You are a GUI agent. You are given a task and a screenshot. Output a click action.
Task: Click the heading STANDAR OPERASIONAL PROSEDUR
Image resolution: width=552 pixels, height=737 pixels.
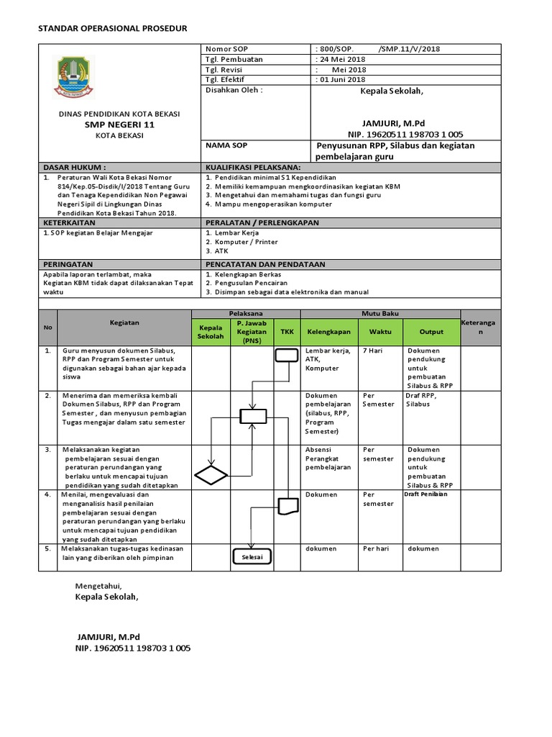click(x=112, y=28)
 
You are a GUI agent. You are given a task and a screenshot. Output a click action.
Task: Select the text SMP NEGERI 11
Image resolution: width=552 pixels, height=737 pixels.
click(x=119, y=125)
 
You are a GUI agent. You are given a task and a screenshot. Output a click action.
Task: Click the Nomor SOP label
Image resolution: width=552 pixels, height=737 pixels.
click(x=226, y=49)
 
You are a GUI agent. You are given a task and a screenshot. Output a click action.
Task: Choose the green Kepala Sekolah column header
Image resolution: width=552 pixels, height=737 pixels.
click(x=211, y=333)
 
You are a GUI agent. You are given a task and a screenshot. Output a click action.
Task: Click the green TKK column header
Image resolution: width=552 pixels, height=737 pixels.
click(x=287, y=333)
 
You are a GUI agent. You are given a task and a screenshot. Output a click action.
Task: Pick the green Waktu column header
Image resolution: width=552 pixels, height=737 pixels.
click(x=380, y=333)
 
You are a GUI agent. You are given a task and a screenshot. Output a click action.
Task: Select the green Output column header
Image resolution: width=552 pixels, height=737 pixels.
click(x=431, y=333)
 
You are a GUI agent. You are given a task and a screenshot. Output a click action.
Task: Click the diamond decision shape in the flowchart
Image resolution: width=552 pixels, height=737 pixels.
click(x=211, y=475)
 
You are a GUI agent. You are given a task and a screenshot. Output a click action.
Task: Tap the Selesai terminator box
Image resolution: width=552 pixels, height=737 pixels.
click(x=252, y=557)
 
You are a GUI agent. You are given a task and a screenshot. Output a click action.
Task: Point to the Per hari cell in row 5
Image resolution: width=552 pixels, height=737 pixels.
click(x=376, y=548)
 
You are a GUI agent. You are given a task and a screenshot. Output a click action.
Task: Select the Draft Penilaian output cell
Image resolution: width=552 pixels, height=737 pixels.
click(x=426, y=494)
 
